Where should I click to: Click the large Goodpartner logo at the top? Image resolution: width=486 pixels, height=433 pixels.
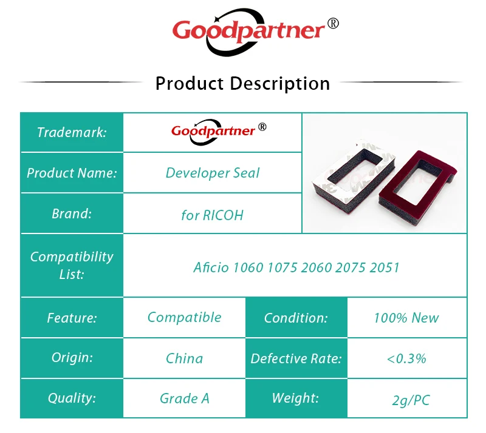coord(255,32)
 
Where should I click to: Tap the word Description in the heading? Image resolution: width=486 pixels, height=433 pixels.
coord(280,84)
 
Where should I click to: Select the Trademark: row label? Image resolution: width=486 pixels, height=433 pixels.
coord(72,132)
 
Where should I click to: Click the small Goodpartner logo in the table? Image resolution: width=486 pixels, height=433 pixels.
coord(219,132)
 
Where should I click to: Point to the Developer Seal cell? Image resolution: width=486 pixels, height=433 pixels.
coord(213,173)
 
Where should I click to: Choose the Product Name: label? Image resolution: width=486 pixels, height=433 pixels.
coord(72,173)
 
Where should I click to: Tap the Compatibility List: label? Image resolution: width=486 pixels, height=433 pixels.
coord(72,265)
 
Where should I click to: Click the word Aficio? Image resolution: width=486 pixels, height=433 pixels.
coord(211,267)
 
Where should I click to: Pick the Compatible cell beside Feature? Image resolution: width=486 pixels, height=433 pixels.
coord(185,318)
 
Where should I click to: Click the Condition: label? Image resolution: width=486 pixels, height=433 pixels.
coord(296,318)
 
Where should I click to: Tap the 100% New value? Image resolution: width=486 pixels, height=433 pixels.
coord(406,318)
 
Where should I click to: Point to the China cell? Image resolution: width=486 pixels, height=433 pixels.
coord(185,358)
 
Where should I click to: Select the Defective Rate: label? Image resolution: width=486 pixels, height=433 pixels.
coord(296,358)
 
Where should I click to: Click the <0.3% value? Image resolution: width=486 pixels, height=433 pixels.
coord(406,359)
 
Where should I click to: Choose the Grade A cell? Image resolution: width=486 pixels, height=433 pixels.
coord(185,398)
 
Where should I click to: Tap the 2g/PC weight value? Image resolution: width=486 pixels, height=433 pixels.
coord(411,400)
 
